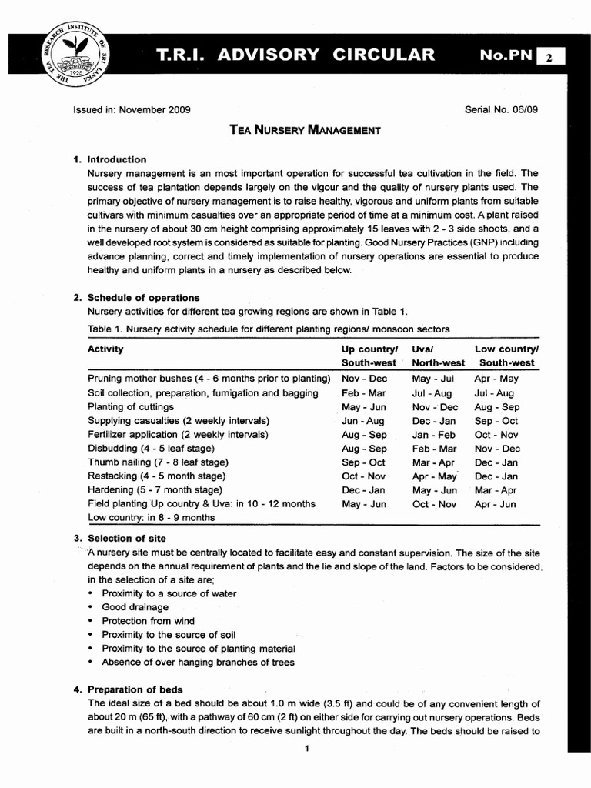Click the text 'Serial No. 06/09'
pos(502,109)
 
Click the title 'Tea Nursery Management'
pos(305,130)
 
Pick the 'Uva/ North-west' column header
pos(438,356)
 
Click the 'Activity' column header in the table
pos(105,349)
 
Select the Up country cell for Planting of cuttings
pos(364,406)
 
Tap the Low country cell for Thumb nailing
pos(496,462)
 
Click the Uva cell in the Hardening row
pos(434,490)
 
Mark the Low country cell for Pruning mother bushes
pos(496,379)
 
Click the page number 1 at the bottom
pos(306,751)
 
